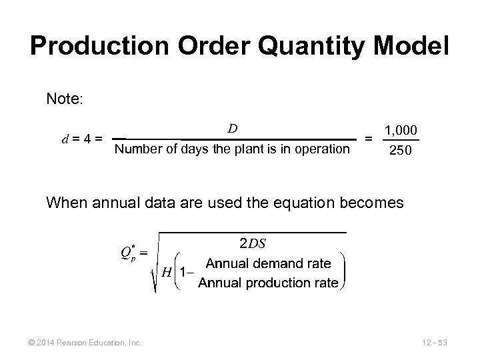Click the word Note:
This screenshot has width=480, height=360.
click(x=65, y=99)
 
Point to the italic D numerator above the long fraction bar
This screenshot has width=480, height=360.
click(x=233, y=128)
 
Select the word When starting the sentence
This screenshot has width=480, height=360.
click(x=65, y=202)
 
